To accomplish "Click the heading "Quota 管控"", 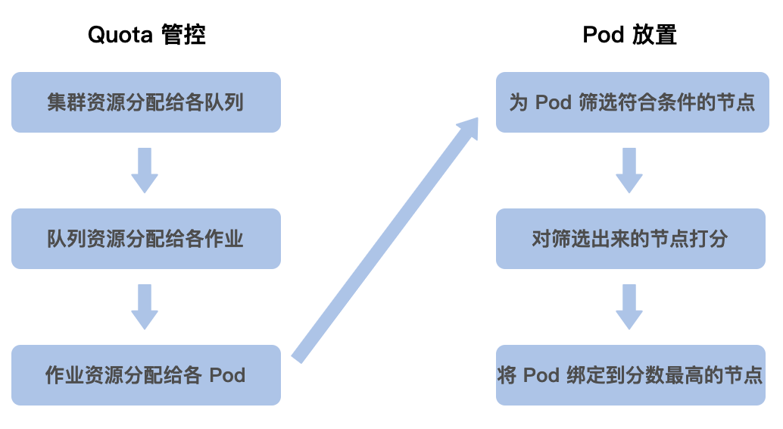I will click(x=146, y=35).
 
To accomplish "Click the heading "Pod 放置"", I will click(x=629, y=35).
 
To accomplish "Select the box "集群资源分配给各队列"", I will click(x=146, y=102).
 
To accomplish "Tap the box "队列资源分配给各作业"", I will click(x=146, y=239).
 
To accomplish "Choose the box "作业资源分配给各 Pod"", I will click(x=146, y=375).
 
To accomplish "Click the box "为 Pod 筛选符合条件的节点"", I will click(x=631, y=102).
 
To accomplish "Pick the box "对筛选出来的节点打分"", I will click(x=631, y=239).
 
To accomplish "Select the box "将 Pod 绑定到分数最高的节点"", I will click(x=631, y=375).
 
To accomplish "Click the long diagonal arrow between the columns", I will click(x=379, y=250).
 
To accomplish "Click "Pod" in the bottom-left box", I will click(x=227, y=375).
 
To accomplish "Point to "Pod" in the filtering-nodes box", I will click(x=554, y=102).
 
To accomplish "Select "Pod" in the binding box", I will click(x=541, y=375).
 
